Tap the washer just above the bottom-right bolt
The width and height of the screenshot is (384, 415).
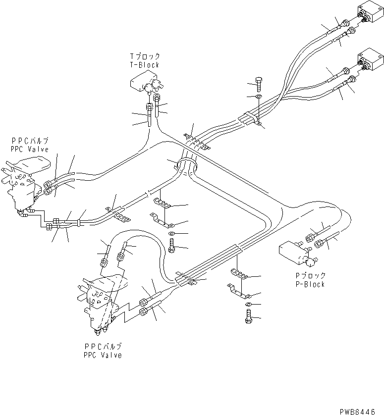(x=248, y=304)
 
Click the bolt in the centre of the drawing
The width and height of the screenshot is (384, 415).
(x=171, y=245)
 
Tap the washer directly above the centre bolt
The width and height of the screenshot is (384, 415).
(x=171, y=233)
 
